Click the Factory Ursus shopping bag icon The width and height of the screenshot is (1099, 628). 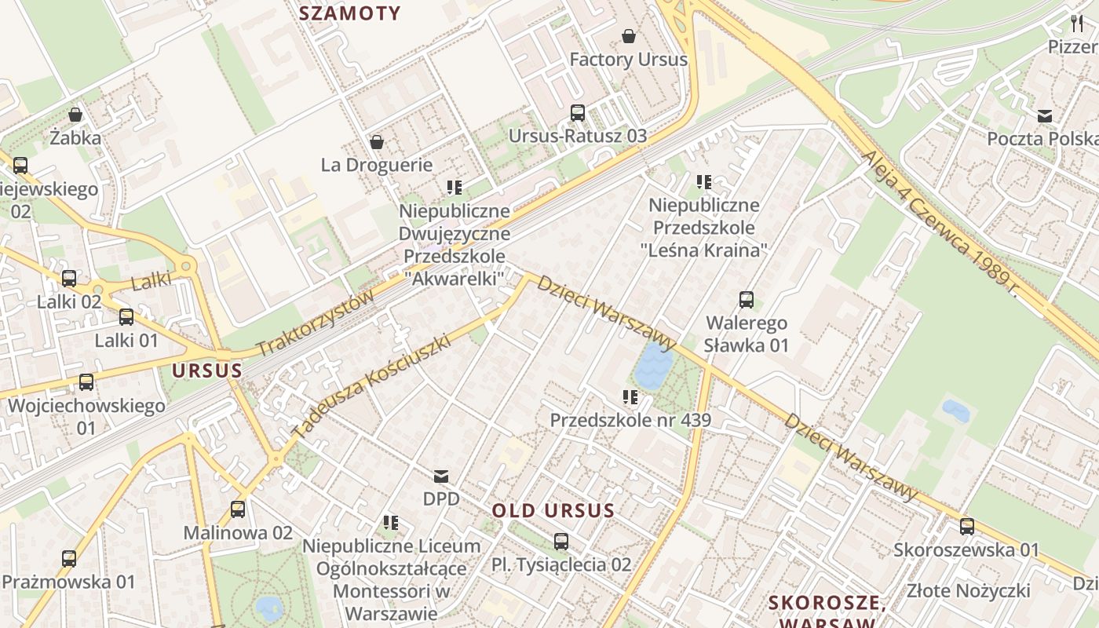[x=628, y=36]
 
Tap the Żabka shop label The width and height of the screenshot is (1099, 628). [x=75, y=138]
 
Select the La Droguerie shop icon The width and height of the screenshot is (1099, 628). [x=377, y=142]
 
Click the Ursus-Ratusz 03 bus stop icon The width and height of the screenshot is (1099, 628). [x=578, y=113]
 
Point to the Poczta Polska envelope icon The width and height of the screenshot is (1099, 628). [x=1044, y=116]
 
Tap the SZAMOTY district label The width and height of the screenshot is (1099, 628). [x=350, y=13]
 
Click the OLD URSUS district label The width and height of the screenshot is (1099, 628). [x=553, y=511]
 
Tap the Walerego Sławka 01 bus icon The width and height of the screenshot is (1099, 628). [x=746, y=300]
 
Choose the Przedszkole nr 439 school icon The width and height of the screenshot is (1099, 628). [x=630, y=397]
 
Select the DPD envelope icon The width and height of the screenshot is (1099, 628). [x=441, y=476]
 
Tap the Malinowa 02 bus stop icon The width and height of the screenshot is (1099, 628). [x=238, y=509]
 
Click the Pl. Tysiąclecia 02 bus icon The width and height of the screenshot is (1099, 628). [x=560, y=541]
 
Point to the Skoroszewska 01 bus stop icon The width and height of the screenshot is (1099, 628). [x=967, y=527]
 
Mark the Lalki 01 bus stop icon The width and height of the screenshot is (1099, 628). [x=126, y=317]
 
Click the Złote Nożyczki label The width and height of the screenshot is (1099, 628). [x=967, y=590]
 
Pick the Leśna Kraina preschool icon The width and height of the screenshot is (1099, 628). [x=704, y=182]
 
